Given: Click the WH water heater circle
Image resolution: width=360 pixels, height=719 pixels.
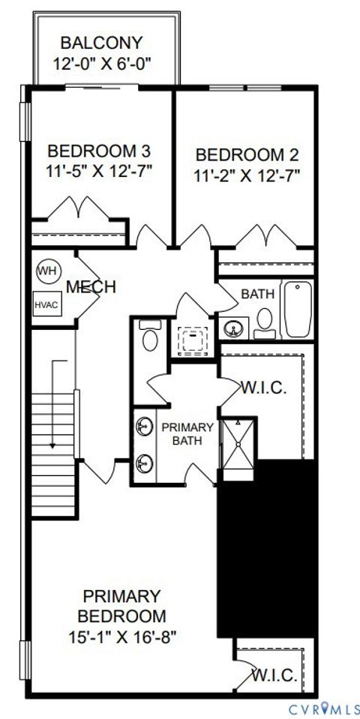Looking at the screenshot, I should tap(48, 271).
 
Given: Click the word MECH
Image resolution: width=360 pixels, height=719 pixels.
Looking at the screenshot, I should tap(90, 287).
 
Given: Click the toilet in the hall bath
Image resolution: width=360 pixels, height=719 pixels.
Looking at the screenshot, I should tap(264, 322).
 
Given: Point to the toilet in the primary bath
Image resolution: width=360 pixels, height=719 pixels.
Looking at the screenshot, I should tap(150, 337).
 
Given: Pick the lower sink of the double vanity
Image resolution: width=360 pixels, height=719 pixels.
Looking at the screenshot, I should tap(143, 463).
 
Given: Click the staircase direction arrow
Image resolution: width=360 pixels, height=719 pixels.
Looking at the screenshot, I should tap(53, 405).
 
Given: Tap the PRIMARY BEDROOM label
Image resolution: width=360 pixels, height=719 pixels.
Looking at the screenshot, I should tap(122, 607).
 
